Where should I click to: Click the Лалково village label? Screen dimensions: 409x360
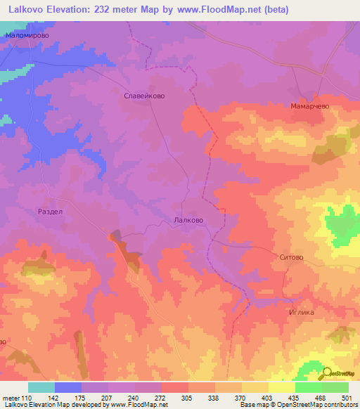(188, 220)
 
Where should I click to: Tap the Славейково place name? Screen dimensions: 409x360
(144, 96)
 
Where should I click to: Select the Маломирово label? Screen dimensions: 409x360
(26, 34)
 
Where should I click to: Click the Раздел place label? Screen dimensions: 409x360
(50, 210)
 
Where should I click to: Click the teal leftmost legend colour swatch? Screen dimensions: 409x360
(41, 387)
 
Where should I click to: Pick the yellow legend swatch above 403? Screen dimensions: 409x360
(255, 387)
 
